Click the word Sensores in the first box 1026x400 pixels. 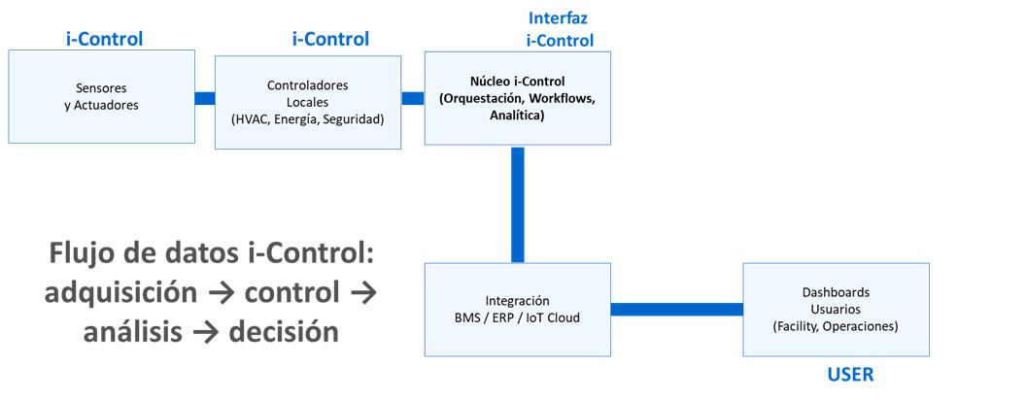[101, 88]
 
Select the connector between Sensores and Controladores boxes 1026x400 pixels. [205, 98]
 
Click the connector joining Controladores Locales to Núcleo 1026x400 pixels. [413, 98]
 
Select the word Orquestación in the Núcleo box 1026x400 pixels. [473, 99]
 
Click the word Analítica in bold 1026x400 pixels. [517, 116]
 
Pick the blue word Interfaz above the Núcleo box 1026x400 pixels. [558, 17]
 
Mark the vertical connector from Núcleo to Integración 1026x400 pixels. [518, 204]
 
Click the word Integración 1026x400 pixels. [517, 301]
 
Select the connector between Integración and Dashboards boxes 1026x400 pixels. [677, 309]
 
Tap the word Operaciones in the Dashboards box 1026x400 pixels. [864, 326]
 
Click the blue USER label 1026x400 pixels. [850, 375]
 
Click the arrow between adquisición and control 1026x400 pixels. [221, 294]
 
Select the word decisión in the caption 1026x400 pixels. [284, 333]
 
